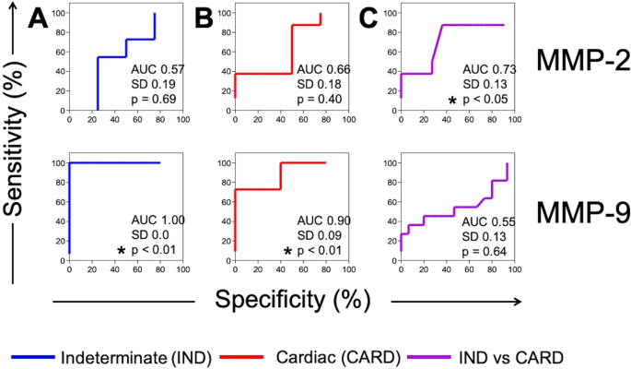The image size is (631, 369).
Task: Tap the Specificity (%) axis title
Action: tap(291, 300)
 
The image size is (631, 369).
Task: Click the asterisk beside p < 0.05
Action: tap(452, 101)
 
